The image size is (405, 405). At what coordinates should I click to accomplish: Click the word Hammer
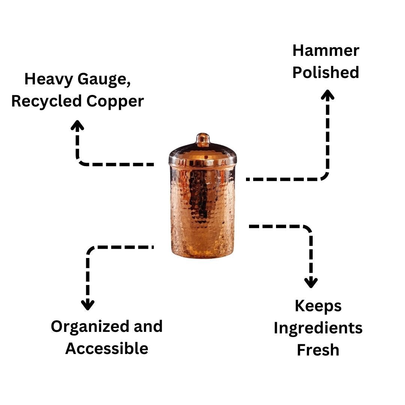coord(325,51)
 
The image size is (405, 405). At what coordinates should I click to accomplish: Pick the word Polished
coord(325,72)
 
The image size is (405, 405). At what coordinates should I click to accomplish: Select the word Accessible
coord(106,348)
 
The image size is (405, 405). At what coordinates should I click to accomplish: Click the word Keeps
coord(318,306)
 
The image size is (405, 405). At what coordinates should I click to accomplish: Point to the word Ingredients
coord(318,328)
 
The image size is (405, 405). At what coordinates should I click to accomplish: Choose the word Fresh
coord(318,350)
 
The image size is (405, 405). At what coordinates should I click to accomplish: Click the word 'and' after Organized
coord(148,326)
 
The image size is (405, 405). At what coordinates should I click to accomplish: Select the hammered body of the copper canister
coord(203,210)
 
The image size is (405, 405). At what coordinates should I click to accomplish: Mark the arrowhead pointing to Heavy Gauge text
coord(77,125)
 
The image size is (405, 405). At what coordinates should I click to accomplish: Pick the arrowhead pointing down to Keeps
coord(311,283)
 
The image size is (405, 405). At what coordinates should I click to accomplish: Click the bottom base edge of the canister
coord(203,256)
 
